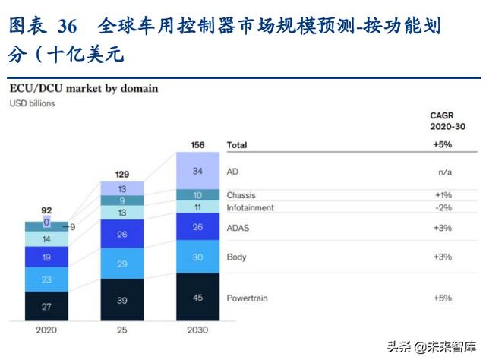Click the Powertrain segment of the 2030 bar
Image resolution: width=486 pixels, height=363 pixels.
[198, 297]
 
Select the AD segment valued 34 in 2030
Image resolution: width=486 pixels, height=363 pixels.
[198, 171]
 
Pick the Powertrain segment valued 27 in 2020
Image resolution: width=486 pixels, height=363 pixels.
[46, 307]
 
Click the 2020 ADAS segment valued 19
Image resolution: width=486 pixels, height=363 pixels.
[46, 257]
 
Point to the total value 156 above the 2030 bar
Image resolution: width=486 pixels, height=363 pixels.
[197, 144]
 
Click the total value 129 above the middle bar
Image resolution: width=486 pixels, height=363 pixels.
[122, 174]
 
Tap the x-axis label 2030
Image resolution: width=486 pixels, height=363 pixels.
[198, 330]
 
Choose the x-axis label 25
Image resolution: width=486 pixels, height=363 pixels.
[122, 330]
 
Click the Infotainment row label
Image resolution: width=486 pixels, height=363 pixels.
[250, 207]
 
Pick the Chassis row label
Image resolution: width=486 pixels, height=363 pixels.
[242, 195]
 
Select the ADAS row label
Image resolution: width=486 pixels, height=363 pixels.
[238, 227]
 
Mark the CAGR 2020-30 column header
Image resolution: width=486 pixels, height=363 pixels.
[442, 122]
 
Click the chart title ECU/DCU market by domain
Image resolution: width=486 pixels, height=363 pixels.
[84, 88]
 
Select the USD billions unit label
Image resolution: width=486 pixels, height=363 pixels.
[32, 103]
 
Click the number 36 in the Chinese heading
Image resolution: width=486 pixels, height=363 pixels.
[67, 27]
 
